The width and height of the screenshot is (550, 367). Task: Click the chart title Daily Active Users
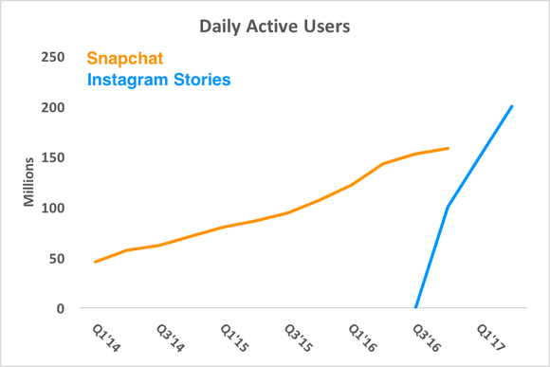click(274, 26)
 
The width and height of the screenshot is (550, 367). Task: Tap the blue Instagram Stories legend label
click(158, 80)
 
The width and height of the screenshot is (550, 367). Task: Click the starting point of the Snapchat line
click(95, 262)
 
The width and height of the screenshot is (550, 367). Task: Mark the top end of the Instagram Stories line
click(512, 106)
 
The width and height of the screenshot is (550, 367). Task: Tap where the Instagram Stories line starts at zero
click(415, 308)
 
